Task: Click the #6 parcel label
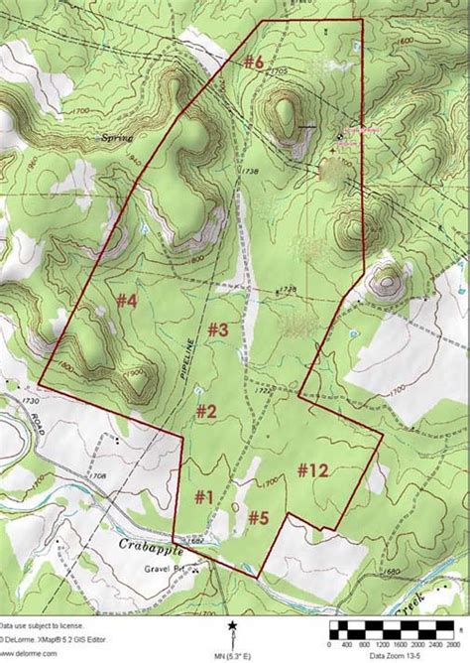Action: pyautogui.click(x=254, y=62)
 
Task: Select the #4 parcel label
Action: pyautogui.click(x=125, y=299)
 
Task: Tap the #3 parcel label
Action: pyautogui.click(x=218, y=329)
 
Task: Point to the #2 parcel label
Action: pyautogui.click(x=205, y=410)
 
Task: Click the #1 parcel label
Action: pyautogui.click(x=203, y=496)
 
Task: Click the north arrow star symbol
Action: pyautogui.click(x=232, y=625)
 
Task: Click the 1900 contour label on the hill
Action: pyautogui.click(x=136, y=372)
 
